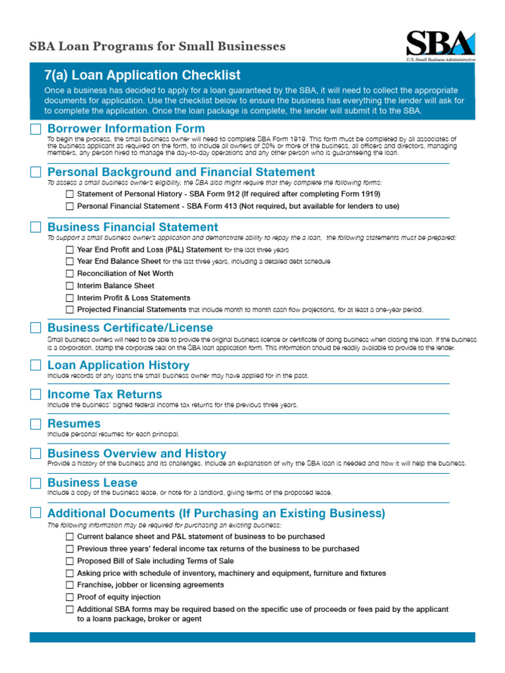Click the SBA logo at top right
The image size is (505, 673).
tap(440, 45)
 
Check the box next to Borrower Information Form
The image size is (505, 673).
tap(36, 129)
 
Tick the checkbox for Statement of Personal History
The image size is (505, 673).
tap(70, 195)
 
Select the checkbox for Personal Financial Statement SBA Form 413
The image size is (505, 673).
tap(70, 206)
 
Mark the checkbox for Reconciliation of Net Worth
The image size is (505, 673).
tap(70, 273)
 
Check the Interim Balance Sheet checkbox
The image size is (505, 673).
tap(70, 286)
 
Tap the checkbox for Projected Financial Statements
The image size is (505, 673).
tap(70, 310)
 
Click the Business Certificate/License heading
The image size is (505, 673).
tap(130, 327)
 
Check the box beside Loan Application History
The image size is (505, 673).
tap(36, 365)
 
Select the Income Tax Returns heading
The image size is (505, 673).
tap(105, 394)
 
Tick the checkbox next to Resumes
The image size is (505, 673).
tap(36, 424)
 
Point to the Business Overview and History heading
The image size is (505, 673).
tap(137, 453)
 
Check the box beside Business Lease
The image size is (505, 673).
tap(36, 483)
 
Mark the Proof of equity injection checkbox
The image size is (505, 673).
tap(70, 597)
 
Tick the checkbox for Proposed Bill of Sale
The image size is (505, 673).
tap(70, 561)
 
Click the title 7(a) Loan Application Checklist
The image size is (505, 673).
tap(142, 76)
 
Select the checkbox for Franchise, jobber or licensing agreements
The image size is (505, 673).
tap(70, 585)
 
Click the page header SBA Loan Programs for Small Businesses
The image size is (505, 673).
tap(157, 47)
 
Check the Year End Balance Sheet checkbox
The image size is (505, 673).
tap(70, 262)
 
